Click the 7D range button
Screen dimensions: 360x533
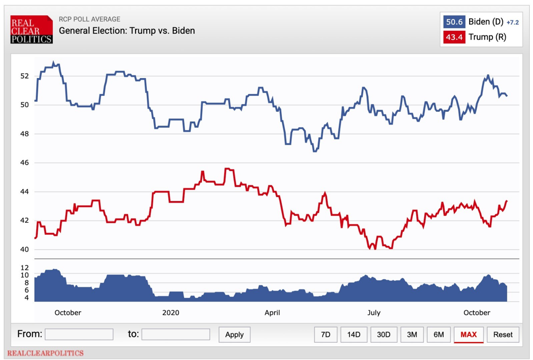coord(326,334)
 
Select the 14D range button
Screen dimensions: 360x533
coord(354,334)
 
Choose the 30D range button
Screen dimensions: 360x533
coord(384,334)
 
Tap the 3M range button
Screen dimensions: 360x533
coord(412,334)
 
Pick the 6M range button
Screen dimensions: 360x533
coord(439,334)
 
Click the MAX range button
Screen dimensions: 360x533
coord(469,334)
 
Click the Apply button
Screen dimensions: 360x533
coord(234,334)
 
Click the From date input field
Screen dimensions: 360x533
coord(79,334)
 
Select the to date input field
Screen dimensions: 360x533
coord(176,334)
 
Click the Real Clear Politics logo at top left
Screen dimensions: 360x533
coord(31,30)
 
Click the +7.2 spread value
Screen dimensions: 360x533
coord(512,22)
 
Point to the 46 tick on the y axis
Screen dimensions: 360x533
coord(25,163)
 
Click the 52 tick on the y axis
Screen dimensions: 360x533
coord(25,76)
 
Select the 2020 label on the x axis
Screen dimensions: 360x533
coord(171,313)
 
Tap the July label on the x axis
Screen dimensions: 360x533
coord(373,313)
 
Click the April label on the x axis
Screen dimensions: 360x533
coord(272,313)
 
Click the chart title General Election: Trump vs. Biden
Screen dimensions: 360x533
coord(127,31)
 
